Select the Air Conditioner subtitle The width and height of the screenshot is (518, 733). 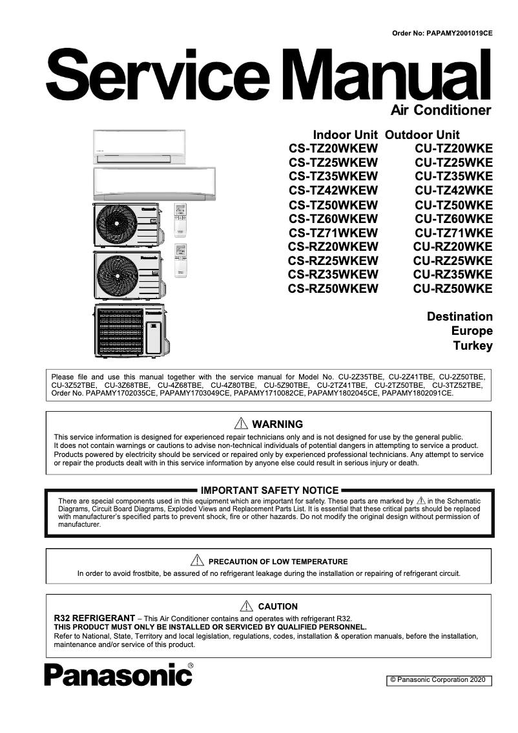[x=441, y=110]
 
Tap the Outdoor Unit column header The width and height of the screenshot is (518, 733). [x=422, y=135]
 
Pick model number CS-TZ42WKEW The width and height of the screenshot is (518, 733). [x=333, y=190]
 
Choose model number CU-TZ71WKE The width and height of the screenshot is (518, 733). [x=453, y=233]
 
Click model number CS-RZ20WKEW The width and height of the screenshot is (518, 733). [x=333, y=247]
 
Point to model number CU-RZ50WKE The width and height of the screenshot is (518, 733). [x=453, y=289]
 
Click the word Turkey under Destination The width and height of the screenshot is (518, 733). [x=473, y=345]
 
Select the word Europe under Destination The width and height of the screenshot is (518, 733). [x=471, y=331]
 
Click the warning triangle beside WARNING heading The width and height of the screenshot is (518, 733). [x=242, y=424]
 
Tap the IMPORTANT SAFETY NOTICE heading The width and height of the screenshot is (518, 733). [x=269, y=491]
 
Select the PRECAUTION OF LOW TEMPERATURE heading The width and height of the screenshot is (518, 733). [x=278, y=562]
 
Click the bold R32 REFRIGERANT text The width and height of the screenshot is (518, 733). [x=94, y=618]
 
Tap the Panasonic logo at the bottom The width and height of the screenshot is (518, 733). [x=119, y=675]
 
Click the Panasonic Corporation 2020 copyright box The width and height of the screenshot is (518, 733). [x=439, y=680]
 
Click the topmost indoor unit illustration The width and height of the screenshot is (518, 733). [x=139, y=147]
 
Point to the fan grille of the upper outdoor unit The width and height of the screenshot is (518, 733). [x=117, y=226]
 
